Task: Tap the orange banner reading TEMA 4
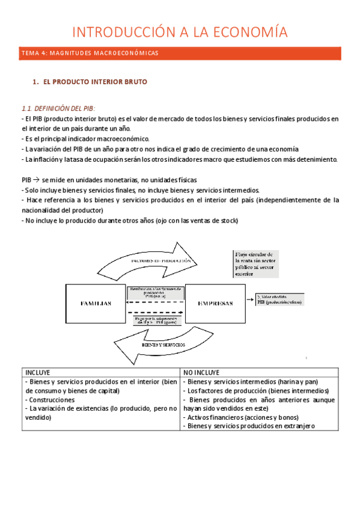tap(180, 54)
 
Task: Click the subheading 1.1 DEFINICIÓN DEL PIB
tap(58, 108)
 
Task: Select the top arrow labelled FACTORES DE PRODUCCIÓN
tap(161, 261)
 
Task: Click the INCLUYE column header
tap(37, 372)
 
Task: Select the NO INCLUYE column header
tap(204, 372)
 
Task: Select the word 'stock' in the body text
tap(227, 221)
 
